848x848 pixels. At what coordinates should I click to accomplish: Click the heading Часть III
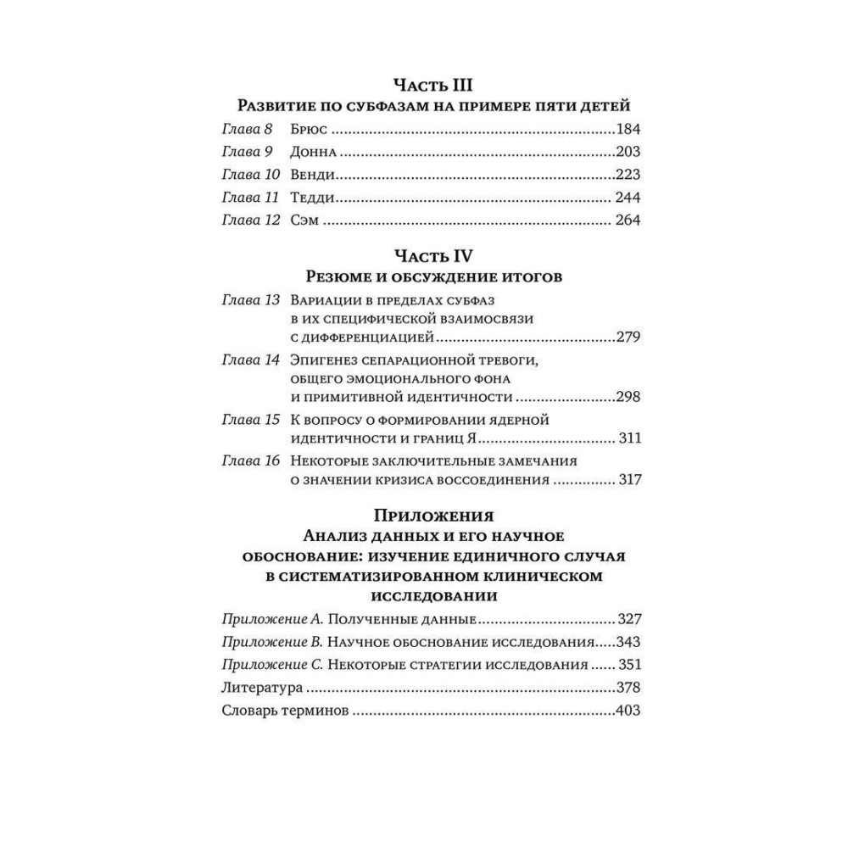coord(432,84)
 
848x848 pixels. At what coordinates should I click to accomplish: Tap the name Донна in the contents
coord(313,153)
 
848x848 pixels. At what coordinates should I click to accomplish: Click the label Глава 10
coord(250,176)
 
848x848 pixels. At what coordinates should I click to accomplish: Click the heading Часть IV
coord(432,254)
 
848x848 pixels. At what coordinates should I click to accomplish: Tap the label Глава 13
coord(250,301)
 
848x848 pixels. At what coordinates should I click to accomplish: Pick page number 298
coord(628,398)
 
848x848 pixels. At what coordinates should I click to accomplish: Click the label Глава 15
coord(250,420)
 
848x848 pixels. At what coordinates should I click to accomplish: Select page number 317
coord(628,479)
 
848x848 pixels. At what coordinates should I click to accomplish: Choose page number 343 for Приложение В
coord(628,641)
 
